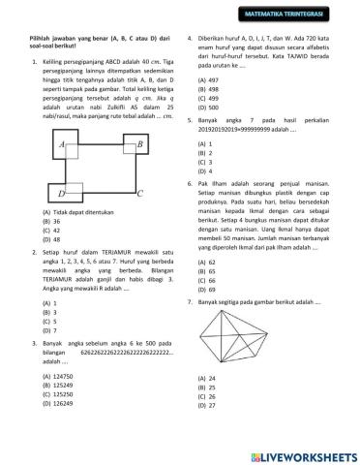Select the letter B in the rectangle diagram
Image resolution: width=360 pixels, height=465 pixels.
[x=139, y=144]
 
